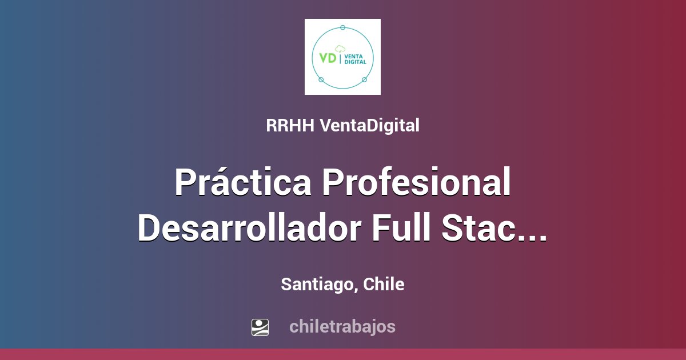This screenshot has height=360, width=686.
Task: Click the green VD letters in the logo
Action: point(328,58)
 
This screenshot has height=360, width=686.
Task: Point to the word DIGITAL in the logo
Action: point(355,61)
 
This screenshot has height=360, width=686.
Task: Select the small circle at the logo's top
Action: point(342,27)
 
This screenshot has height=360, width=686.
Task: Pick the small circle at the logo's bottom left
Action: point(321,79)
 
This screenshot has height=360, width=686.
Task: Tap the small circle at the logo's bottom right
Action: point(364,79)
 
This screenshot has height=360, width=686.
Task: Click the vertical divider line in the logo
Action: point(341,58)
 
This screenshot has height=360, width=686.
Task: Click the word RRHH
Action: point(290,126)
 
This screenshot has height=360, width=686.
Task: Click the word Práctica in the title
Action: point(243,182)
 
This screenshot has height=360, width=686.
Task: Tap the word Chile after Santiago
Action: point(384,285)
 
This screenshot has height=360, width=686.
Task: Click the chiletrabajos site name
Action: point(342,327)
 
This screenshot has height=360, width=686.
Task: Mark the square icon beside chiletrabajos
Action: point(260,327)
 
